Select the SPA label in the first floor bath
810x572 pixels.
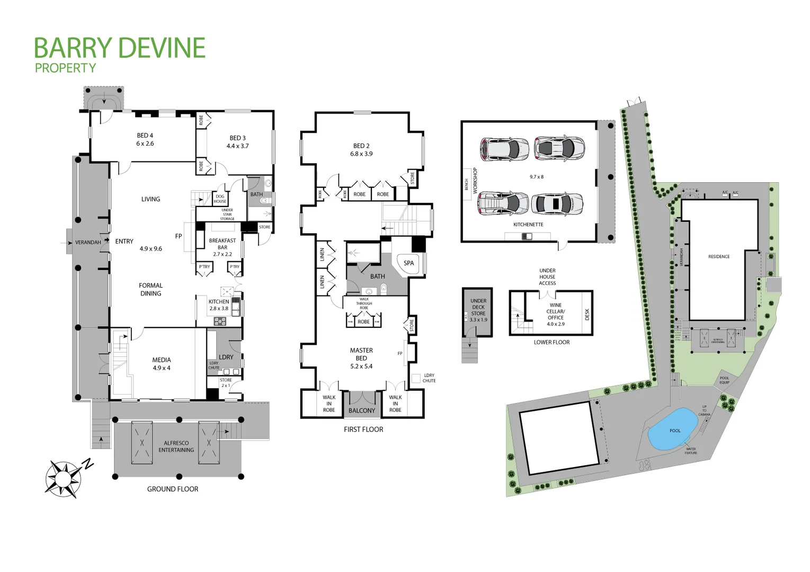(x=408, y=263)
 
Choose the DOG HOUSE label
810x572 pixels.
(x=220, y=199)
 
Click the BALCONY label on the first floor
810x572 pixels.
(x=362, y=410)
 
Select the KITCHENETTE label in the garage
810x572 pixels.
(x=528, y=225)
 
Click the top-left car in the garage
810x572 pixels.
(x=504, y=149)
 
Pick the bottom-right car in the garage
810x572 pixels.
(x=558, y=204)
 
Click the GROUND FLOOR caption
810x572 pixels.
(x=173, y=489)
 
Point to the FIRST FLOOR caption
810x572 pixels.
(x=363, y=430)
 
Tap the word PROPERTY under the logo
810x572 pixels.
(x=65, y=68)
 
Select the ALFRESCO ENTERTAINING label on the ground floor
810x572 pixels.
(x=176, y=446)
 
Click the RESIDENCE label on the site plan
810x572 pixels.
(x=719, y=256)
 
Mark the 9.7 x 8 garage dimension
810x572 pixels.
(x=537, y=177)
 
